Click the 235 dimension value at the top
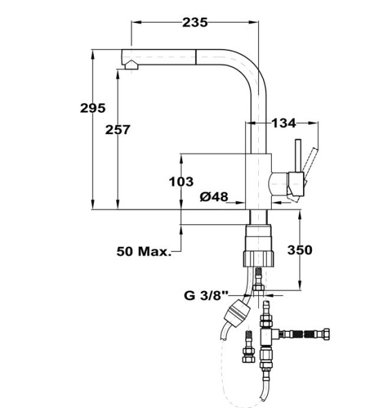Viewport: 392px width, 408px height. point(194,22)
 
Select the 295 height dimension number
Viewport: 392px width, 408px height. point(92,107)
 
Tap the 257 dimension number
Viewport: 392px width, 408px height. point(118,129)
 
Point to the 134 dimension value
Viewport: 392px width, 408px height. point(283,123)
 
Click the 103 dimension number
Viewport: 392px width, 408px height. point(181,182)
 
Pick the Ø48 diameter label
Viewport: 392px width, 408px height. point(214,197)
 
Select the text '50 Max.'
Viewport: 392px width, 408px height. point(143,252)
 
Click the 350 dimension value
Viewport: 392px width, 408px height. point(299,250)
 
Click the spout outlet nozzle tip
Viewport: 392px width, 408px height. point(129,65)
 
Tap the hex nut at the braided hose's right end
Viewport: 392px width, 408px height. point(327,335)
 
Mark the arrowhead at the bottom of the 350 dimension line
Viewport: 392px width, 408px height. point(299,288)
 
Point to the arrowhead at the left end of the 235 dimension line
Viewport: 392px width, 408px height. point(135,22)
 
